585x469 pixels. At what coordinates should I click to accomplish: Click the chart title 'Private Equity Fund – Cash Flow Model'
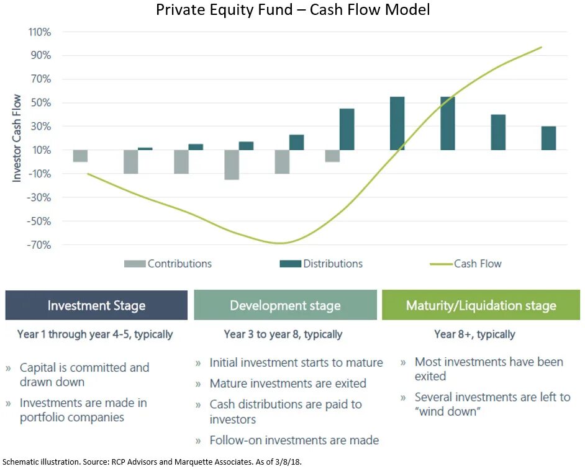(292, 11)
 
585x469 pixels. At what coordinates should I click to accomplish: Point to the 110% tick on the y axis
(39, 32)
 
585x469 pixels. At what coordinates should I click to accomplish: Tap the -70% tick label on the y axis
(39, 245)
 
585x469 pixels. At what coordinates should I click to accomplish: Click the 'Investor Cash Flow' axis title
(17, 138)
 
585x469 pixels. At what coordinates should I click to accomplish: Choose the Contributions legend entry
(168, 264)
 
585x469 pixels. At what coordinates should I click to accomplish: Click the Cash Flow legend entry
(466, 264)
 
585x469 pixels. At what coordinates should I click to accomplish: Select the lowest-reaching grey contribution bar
(232, 164)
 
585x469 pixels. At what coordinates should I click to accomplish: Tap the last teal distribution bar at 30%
(548, 138)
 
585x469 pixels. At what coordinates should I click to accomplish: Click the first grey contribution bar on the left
(80, 156)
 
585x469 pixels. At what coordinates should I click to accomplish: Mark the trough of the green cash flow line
(279, 243)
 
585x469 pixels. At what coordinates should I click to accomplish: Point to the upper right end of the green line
(541, 47)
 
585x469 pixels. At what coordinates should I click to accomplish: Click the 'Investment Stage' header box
(96, 305)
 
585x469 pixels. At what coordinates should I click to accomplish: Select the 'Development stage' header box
(285, 305)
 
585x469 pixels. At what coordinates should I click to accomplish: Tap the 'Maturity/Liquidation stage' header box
(481, 305)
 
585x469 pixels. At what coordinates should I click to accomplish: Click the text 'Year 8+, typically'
(474, 334)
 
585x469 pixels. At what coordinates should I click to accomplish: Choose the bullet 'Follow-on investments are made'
(294, 440)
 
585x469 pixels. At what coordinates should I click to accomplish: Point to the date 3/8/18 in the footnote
(288, 462)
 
